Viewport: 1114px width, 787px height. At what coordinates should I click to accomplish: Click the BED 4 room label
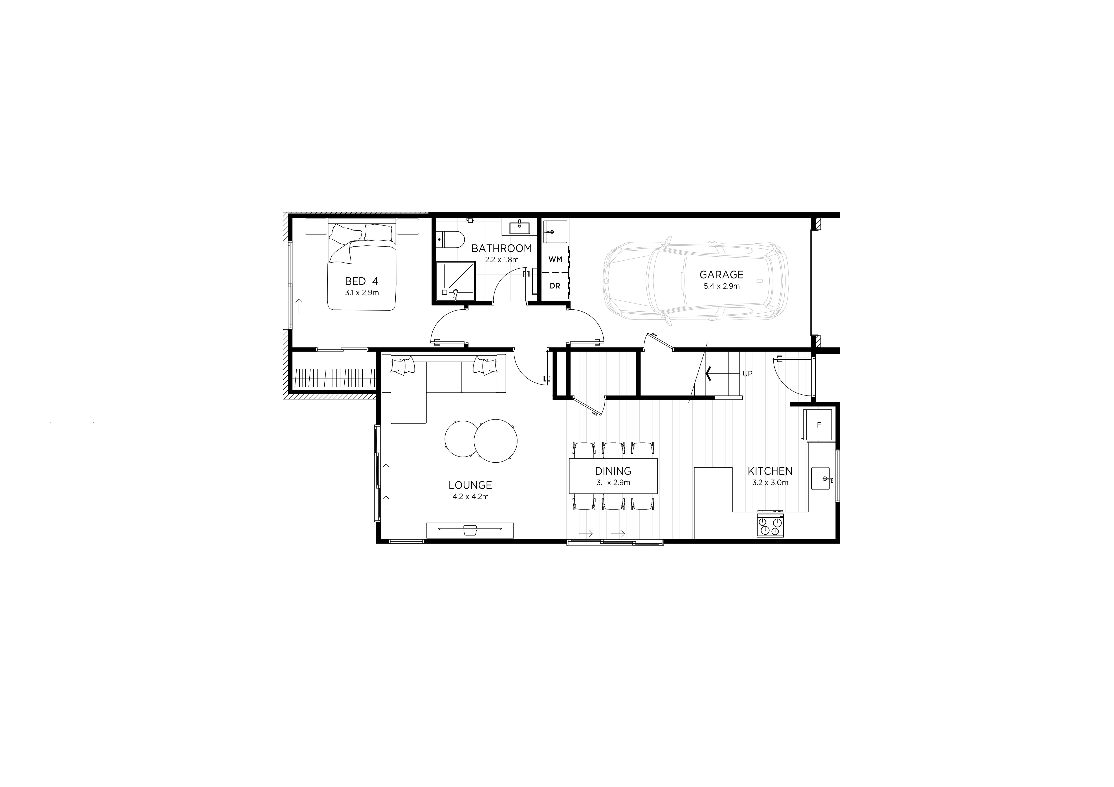pos(361,281)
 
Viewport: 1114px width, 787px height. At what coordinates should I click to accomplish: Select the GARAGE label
pos(722,274)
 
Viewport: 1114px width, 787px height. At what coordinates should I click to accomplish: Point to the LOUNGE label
pos(470,485)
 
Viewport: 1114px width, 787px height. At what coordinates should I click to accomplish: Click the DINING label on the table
pos(613,471)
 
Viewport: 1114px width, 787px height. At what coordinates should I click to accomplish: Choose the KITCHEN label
pos(770,471)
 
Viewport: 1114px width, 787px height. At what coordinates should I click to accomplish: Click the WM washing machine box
pos(555,259)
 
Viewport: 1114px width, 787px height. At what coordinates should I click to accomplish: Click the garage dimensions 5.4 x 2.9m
pos(722,286)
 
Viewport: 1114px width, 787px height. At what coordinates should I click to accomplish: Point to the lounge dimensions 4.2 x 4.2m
pos(470,496)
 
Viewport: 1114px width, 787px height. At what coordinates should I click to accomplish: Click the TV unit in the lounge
pos(470,530)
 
